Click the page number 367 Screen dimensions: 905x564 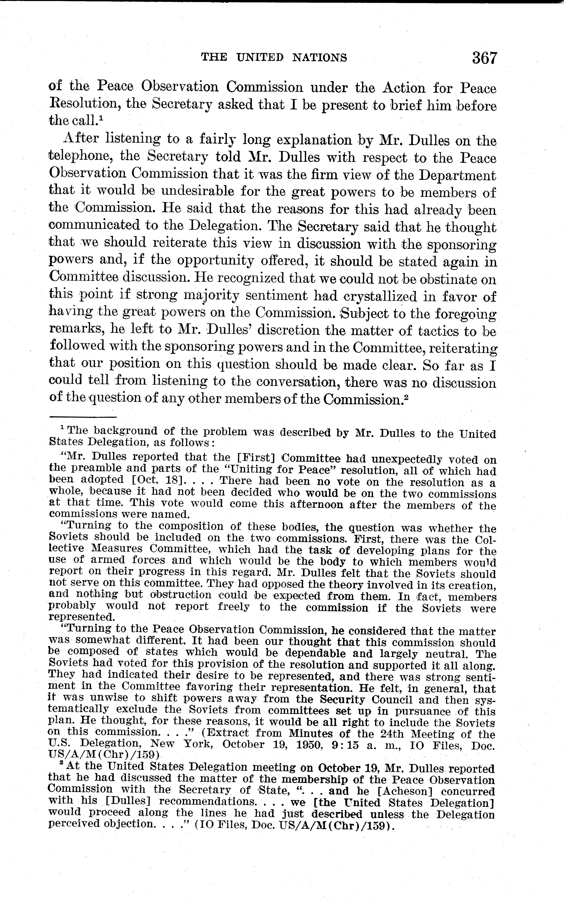click(x=484, y=58)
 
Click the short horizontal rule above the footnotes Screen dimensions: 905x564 click(x=83, y=417)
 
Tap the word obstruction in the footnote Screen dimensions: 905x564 click(x=180, y=595)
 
